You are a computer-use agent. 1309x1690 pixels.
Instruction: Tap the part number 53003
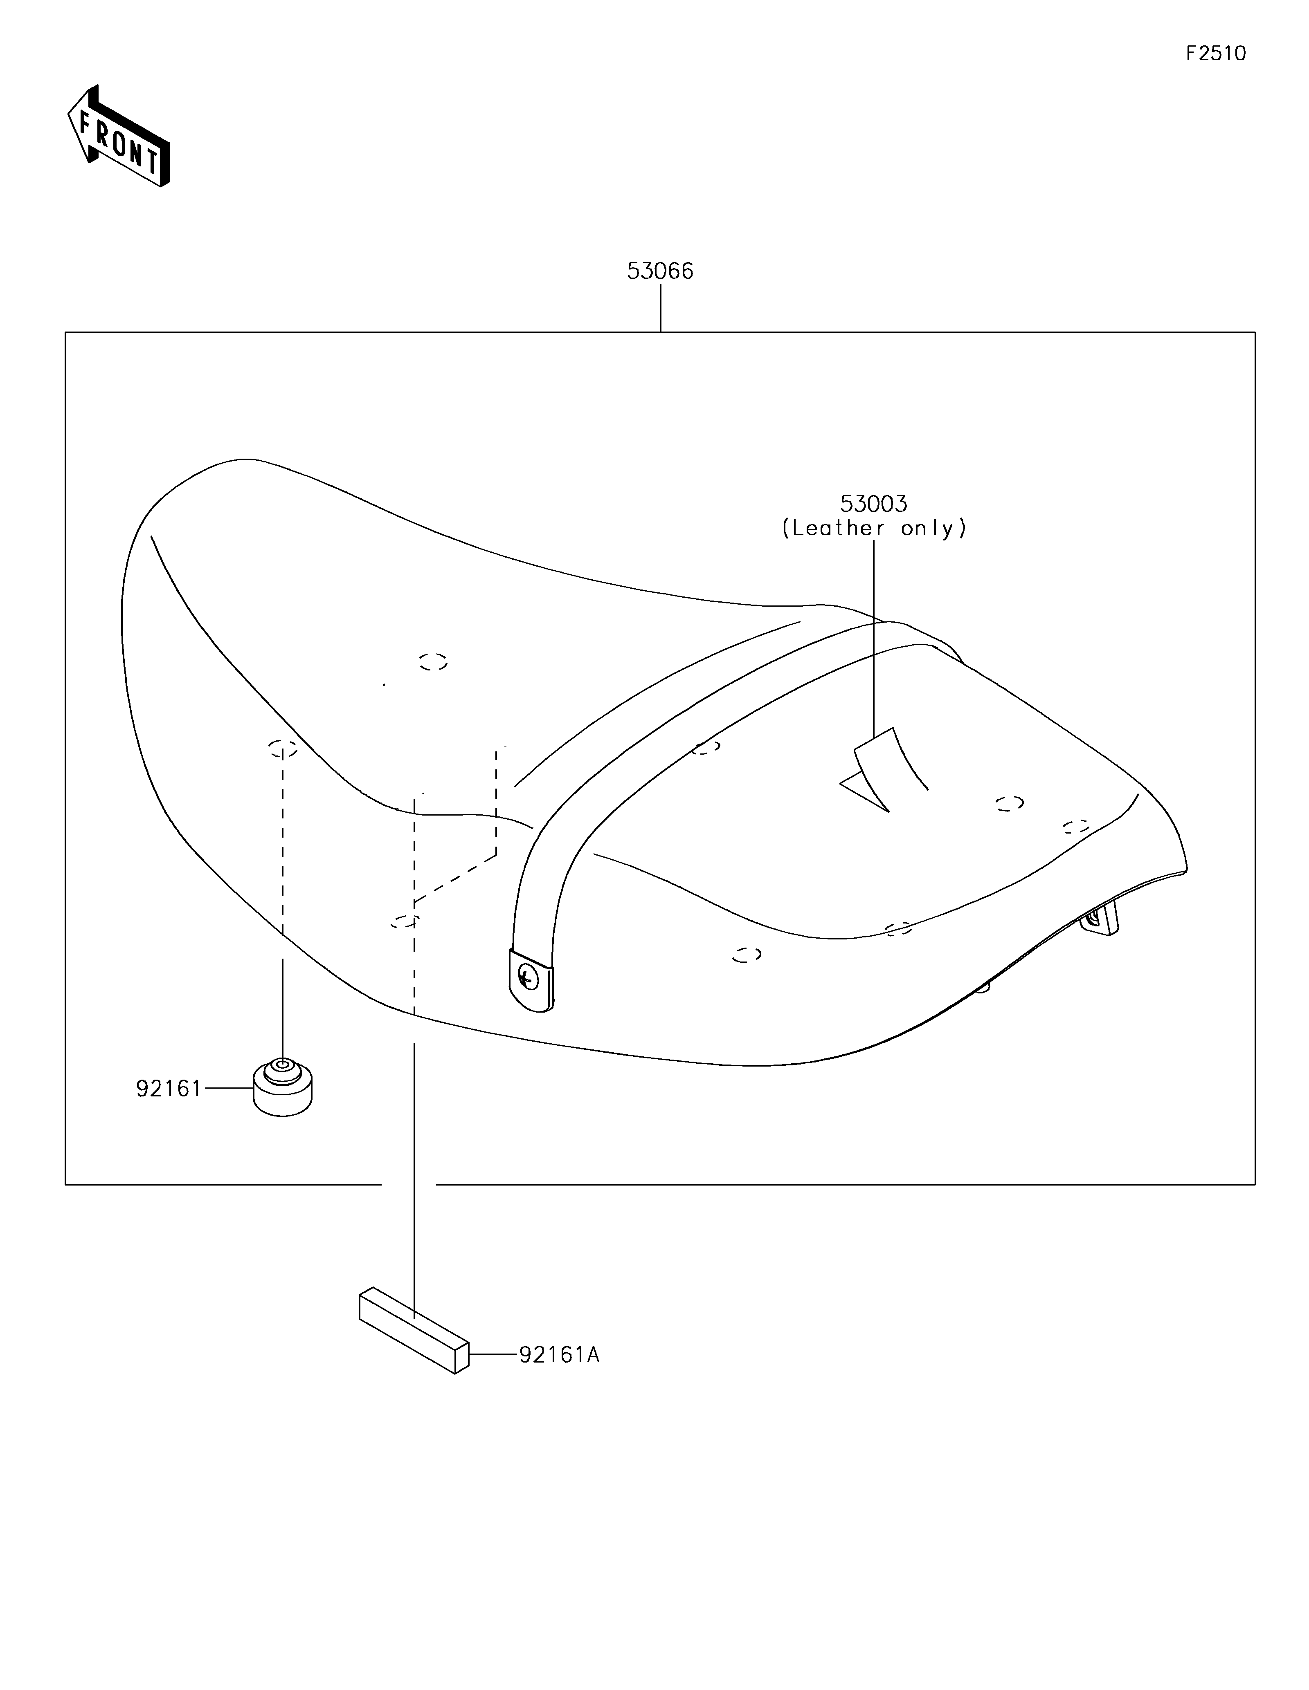click(x=873, y=504)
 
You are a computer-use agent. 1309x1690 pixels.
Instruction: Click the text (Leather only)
click(x=874, y=529)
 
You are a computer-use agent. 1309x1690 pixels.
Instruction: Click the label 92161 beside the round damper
click(x=169, y=1089)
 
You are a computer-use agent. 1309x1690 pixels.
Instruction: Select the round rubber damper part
click(x=283, y=1088)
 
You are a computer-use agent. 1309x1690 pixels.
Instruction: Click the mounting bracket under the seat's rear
click(x=1102, y=919)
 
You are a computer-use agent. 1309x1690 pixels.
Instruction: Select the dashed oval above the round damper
click(x=283, y=748)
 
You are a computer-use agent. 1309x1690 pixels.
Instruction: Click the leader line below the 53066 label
click(x=660, y=308)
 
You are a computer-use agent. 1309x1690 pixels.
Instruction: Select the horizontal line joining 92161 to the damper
click(x=228, y=1089)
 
